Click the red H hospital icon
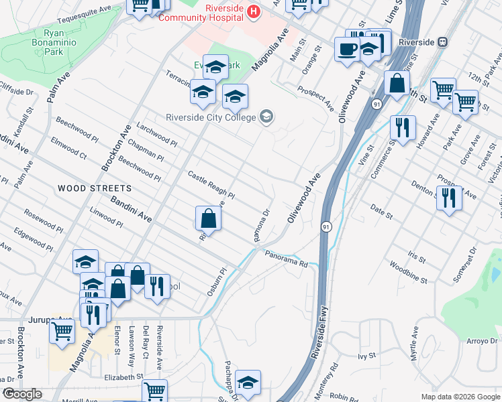tap(254, 11)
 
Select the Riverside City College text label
tap(211, 118)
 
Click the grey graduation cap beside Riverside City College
tap(266, 117)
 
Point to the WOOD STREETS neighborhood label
tap(85, 188)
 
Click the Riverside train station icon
tap(442, 42)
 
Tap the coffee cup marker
tap(347, 50)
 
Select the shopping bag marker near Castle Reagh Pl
tap(208, 218)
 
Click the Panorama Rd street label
tap(286, 259)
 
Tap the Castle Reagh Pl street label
tap(211, 186)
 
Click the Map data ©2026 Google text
tap(460, 397)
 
